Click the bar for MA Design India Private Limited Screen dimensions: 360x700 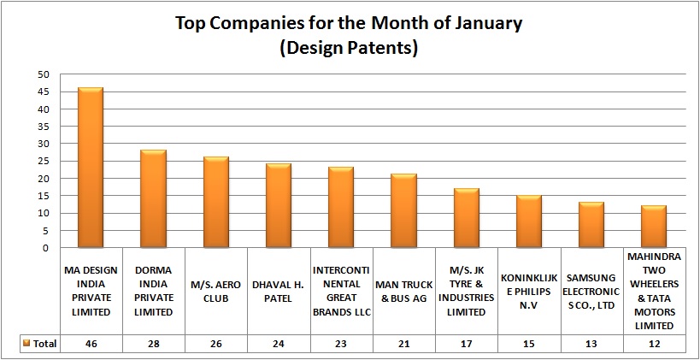91,168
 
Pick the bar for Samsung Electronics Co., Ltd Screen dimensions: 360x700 591,225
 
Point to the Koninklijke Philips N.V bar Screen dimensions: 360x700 528,221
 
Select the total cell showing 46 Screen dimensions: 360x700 91,343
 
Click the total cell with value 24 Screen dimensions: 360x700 278,343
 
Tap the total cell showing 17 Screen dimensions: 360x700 466,343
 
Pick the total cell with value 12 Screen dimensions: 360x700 654,343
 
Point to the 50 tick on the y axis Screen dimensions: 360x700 43,75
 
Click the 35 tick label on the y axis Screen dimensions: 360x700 43,127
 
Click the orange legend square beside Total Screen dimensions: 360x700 26,344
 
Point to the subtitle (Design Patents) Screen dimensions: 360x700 349,48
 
